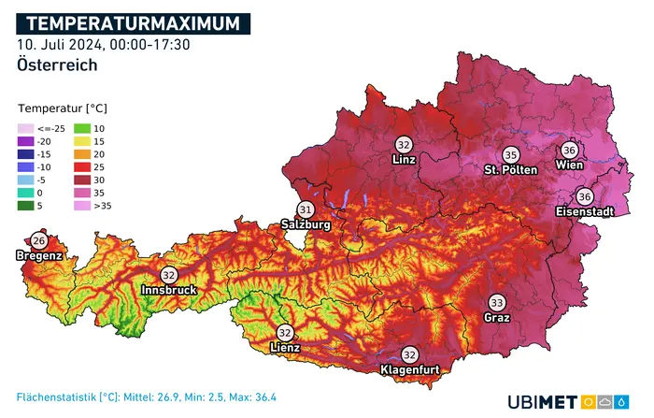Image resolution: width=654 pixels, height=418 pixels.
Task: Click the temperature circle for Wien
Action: [570, 150]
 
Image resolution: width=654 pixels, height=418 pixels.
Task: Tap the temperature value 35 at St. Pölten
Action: [510, 155]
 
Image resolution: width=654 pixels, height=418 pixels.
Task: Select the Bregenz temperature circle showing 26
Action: [38, 241]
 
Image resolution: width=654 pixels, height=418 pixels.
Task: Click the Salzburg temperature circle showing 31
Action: [306, 209]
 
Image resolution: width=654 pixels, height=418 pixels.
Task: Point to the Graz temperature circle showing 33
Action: [497, 303]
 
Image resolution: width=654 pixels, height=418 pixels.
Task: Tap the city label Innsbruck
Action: [169, 291]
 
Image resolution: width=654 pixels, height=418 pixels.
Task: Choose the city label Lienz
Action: [285, 348]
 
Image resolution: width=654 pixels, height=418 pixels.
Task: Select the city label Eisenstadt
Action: [585, 212]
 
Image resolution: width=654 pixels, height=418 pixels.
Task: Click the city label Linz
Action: [404, 161]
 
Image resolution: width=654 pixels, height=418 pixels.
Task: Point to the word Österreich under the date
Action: [57, 65]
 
